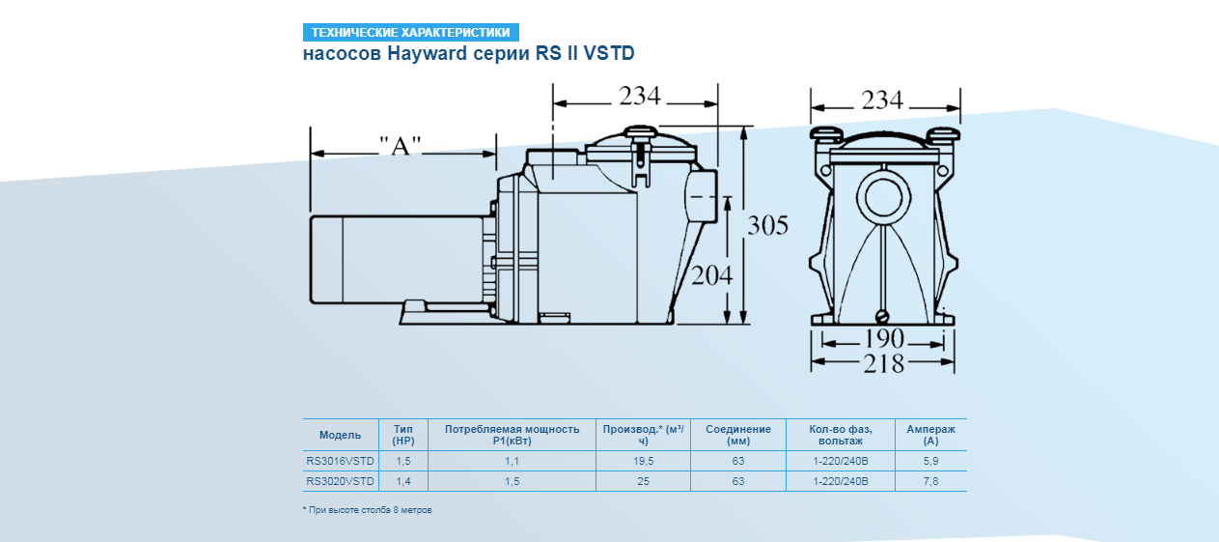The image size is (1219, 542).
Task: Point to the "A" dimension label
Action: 401,146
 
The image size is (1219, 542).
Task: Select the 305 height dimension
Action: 768,226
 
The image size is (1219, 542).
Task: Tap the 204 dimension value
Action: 712,274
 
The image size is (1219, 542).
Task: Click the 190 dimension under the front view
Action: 884,339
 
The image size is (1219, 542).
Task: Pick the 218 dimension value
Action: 884,363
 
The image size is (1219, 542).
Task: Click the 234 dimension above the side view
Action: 639,97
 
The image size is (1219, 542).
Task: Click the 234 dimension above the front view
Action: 882,100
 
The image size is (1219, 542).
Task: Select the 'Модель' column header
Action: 340,435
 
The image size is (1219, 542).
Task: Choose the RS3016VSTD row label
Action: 340,462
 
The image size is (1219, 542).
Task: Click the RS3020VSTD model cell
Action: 340,481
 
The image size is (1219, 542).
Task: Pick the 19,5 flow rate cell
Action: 643,462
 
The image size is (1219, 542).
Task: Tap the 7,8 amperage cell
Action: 930,481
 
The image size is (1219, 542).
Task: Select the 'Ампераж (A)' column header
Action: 930,435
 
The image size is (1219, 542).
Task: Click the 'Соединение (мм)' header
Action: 738,435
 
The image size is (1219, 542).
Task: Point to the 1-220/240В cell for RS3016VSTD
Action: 841,462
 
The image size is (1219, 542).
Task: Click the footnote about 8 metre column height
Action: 368,509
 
